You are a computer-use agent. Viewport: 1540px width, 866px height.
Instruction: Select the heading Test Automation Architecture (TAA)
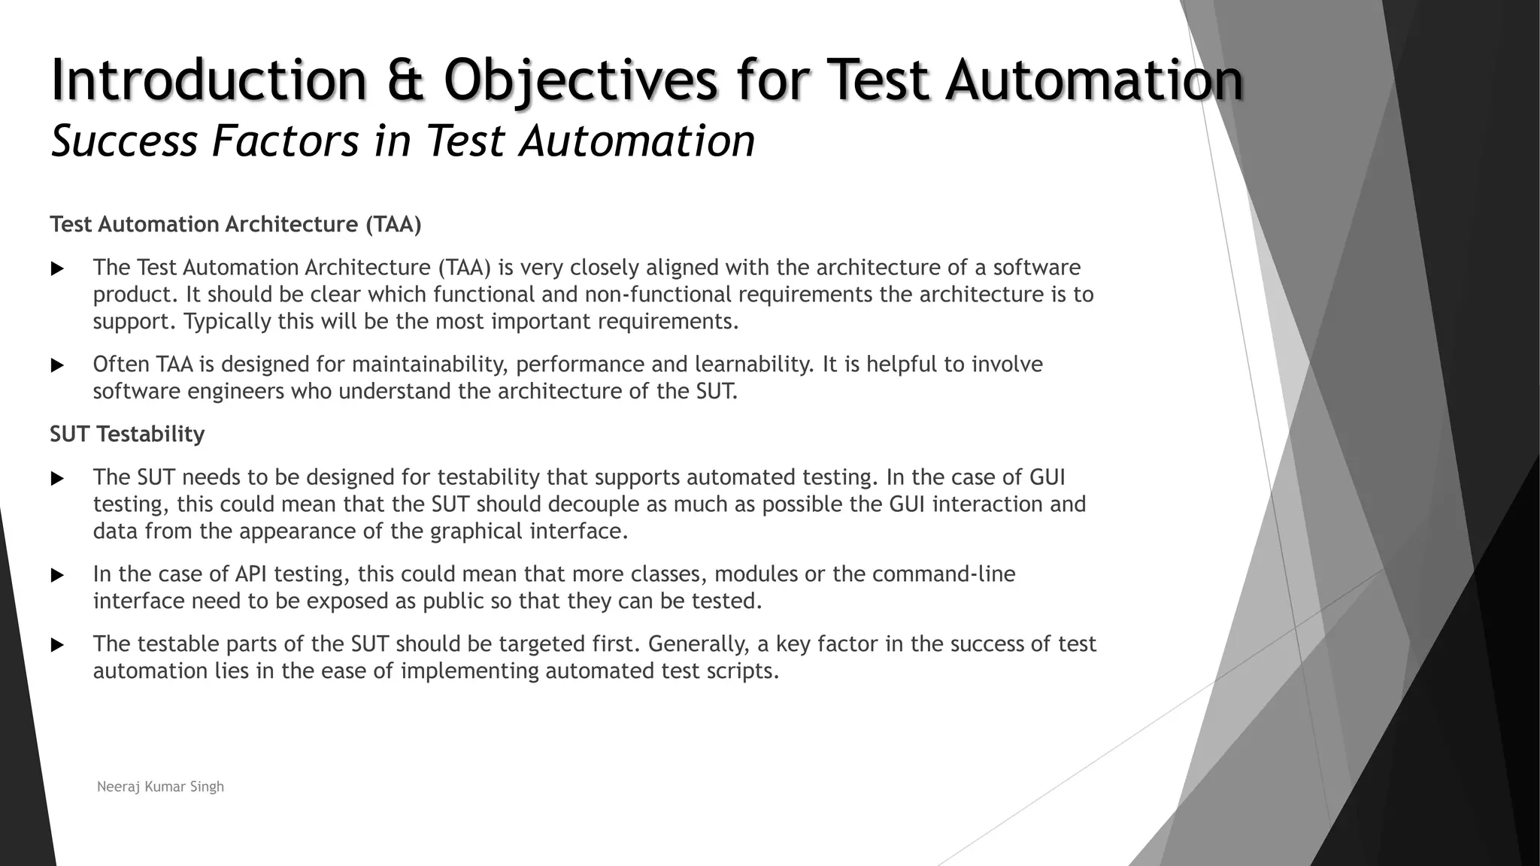pos(235,224)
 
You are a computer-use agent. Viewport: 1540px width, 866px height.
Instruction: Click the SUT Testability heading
pos(127,434)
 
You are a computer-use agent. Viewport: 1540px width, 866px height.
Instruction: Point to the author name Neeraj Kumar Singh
pos(160,786)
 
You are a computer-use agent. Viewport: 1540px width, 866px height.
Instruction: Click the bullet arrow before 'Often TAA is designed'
pos(57,365)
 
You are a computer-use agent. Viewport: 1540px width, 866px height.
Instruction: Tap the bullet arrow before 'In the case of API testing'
pos(57,575)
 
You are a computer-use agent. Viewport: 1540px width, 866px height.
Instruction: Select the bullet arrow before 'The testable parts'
pos(57,645)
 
